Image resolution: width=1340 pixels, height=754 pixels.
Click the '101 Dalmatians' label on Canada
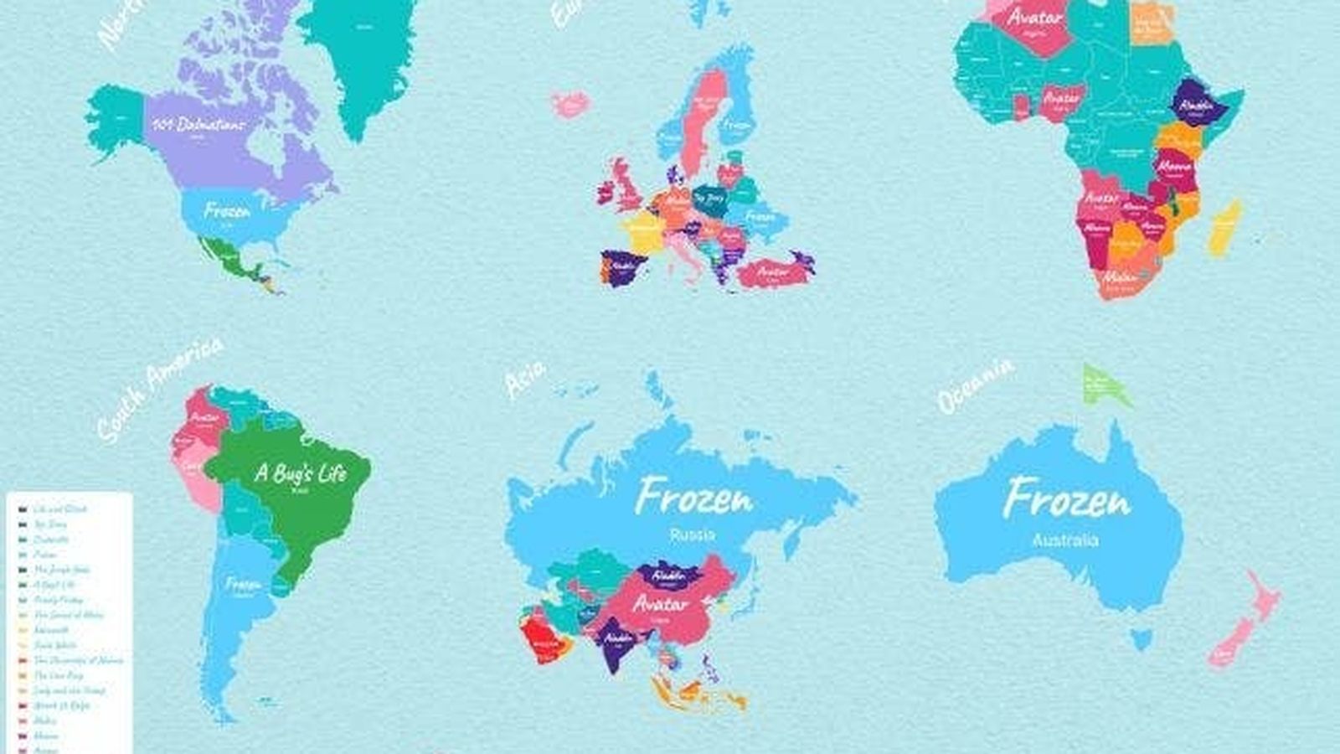click(199, 124)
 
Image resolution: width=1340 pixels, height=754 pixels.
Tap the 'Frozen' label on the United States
click(227, 210)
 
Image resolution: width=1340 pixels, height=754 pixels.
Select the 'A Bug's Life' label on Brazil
click(300, 473)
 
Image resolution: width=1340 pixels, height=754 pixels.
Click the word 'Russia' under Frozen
click(693, 535)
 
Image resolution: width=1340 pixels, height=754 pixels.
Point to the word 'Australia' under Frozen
click(1064, 540)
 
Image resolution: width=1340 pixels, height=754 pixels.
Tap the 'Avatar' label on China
click(661, 603)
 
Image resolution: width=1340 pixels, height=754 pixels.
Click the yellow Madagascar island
click(1224, 229)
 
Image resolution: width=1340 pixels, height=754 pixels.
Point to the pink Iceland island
click(571, 105)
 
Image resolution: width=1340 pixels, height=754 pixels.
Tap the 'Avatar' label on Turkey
click(772, 271)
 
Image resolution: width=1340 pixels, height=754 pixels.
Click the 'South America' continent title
click(158, 390)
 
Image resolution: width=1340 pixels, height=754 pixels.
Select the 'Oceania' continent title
click(975, 385)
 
